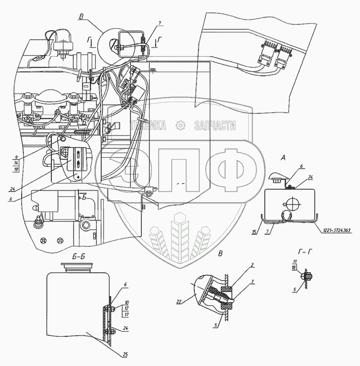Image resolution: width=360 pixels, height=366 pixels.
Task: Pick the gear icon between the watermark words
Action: tap(180, 126)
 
